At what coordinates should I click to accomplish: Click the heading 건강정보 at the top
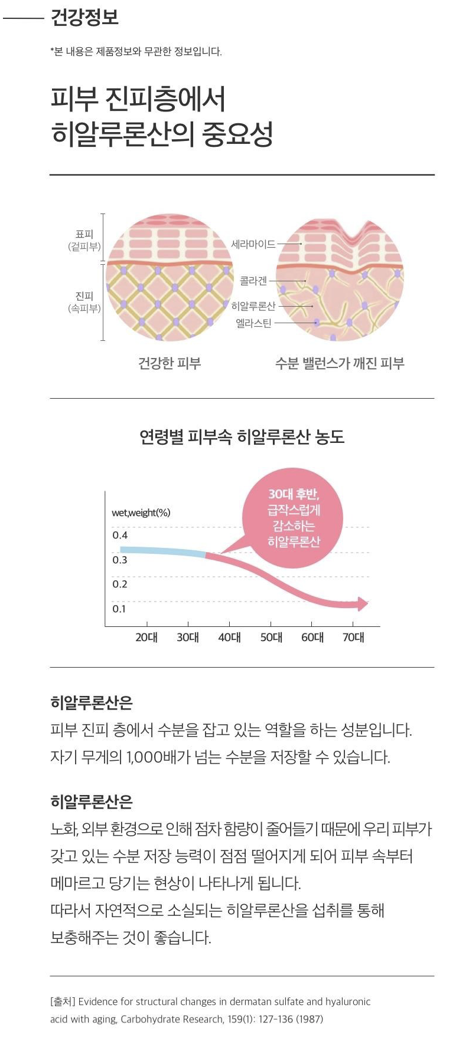(84, 17)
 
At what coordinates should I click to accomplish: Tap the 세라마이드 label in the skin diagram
(253, 244)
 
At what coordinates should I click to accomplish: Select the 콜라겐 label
(253, 281)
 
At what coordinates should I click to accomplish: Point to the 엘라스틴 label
(253, 323)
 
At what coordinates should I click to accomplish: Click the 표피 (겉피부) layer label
(84, 241)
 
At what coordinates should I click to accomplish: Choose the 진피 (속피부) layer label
(84, 302)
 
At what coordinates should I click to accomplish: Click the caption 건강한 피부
(170, 363)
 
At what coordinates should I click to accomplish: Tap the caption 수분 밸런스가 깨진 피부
(340, 363)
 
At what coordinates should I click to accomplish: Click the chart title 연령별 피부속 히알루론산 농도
(242, 437)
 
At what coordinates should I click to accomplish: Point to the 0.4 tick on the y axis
(120, 536)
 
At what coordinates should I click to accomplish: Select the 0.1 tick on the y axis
(119, 609)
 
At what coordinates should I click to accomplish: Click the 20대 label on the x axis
(146, 638)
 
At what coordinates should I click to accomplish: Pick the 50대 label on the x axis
(271, 638)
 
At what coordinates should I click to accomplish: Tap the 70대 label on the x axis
(353, 638)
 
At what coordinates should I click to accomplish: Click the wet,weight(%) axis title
(141, 513)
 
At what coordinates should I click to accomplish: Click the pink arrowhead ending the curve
(361, 603)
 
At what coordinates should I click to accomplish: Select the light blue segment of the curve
(162, 551)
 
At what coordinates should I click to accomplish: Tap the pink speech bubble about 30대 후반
(293, 517)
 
